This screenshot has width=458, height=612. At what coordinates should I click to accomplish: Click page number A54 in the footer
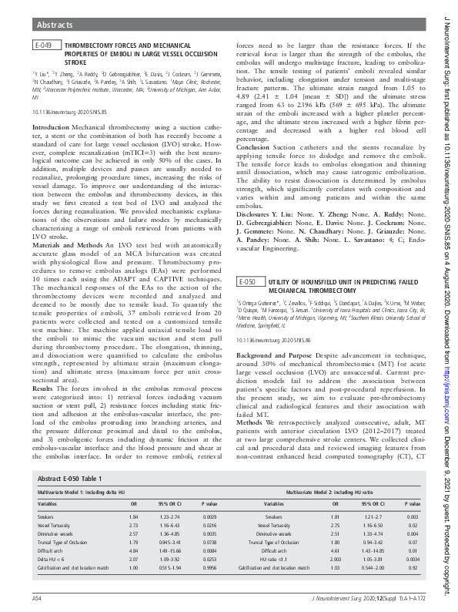pos(37,597)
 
